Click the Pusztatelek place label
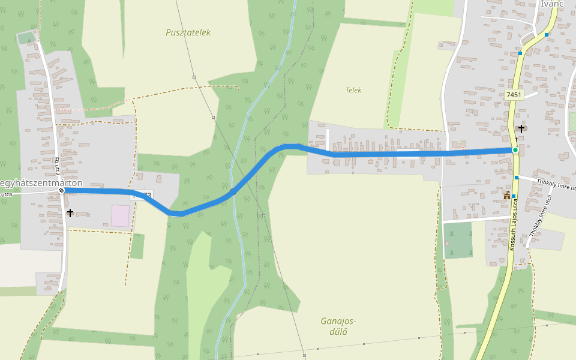(x=188, y=32)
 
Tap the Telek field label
(x=353, y=90)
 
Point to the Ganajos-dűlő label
(x=338, y=326)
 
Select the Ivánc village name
(x=552, y=4)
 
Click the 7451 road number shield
(x=514, y=95)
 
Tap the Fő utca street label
(x=57, y=165)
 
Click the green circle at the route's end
(x=515, y=150)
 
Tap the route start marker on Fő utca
(x=61, y=190)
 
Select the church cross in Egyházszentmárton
(x=70, y=212)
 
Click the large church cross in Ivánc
(x=521, y=128)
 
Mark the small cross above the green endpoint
(x=515, y=139)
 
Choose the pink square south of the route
(x=120, y=216)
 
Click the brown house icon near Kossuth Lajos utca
(x=507, y=195)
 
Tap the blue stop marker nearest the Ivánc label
(x=547, y=35)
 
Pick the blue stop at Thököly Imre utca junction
(x=517, y=178)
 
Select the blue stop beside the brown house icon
(x=514, y=196)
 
